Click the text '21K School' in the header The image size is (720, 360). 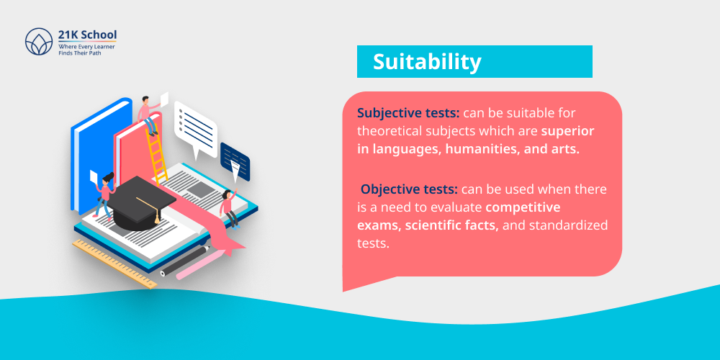[x=86, y=35]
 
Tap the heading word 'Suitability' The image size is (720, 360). [x=426, y=62]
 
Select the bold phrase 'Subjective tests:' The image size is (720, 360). [x=408, y=113]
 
